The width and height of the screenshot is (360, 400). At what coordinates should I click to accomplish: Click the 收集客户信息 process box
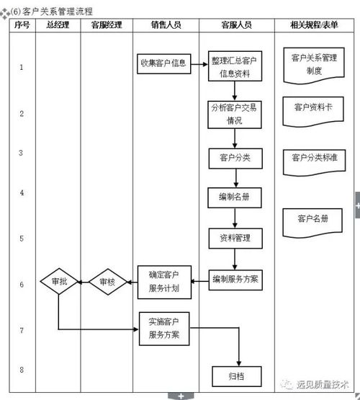coord(163,63)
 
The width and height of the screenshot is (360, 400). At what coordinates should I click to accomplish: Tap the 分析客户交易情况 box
coord(234,113)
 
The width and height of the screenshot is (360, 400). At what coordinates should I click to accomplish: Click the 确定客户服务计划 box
coord(163,283)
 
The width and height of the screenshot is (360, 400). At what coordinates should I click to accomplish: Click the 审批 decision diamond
coord(59,283)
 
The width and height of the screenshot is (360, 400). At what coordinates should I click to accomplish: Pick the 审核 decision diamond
coord(107,283)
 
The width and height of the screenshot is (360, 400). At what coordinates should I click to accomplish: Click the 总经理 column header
coord(57,25)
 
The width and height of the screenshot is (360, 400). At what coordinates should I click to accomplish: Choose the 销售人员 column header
coord(166,25)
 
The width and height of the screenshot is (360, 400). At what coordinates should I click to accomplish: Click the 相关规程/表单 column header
coord(314,25)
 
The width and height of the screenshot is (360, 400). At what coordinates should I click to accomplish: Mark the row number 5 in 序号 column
coord(22,239)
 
